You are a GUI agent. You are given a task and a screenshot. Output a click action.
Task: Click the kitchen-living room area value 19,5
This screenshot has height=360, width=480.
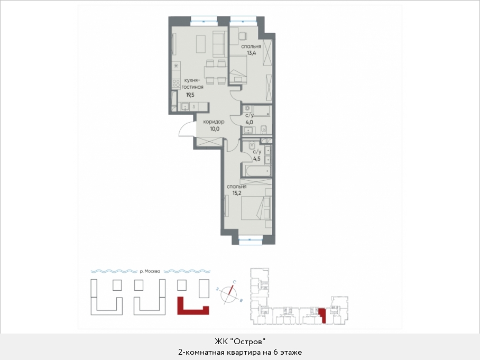click(x=190, y=95)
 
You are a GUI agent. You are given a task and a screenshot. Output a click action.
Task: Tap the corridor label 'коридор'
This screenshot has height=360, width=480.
click(x=214, y=122)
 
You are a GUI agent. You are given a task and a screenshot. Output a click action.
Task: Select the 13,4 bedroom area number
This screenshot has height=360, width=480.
click(x=252, y=53)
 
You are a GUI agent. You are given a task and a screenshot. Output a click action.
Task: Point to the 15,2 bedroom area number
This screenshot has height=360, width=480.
click(x=237, y=193)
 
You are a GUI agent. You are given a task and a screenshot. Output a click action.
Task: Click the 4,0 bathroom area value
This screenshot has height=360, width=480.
click(x=249, y=122)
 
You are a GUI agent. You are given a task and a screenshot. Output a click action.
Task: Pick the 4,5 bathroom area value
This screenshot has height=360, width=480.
click(x=257, y=159)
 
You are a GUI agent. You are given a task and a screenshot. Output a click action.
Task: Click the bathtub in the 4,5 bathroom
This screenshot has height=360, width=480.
click(x=256, y=171)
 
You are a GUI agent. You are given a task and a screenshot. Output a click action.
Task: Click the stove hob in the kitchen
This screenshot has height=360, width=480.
click(x=176, y=84)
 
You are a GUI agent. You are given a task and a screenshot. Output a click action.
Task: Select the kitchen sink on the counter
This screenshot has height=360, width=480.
click(x=185, y=107)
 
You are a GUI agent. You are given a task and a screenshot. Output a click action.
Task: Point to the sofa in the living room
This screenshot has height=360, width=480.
click(x=219, y=44)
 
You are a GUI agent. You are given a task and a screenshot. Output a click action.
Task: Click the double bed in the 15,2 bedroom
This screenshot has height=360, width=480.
click(x=256, y=208)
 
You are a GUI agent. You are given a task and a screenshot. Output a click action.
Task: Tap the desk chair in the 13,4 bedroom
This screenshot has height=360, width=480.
click(x=242, y=36)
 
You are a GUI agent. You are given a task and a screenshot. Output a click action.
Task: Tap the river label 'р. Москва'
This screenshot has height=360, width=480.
click(x=150, y=271)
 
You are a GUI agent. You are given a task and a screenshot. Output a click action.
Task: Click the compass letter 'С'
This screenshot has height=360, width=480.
click(x=234, y=282)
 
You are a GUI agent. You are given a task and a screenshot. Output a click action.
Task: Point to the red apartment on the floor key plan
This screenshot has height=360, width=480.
click(x=322, y=316)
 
